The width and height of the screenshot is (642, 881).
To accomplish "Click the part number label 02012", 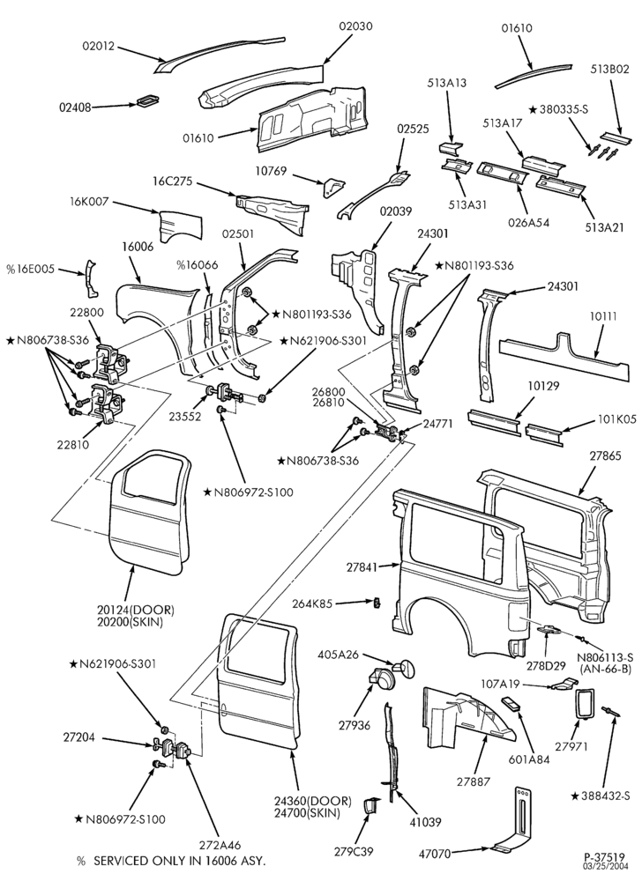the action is pos(99,47).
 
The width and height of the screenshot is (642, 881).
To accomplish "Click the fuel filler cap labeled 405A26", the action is pos(404,670).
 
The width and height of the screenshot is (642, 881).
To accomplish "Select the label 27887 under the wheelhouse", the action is pos(473,781).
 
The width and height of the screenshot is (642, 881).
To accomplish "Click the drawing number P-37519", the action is pos(604,857).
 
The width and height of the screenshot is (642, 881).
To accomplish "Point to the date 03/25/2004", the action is pos(608,865).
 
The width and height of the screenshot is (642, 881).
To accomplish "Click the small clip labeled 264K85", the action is pos(377,603).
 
